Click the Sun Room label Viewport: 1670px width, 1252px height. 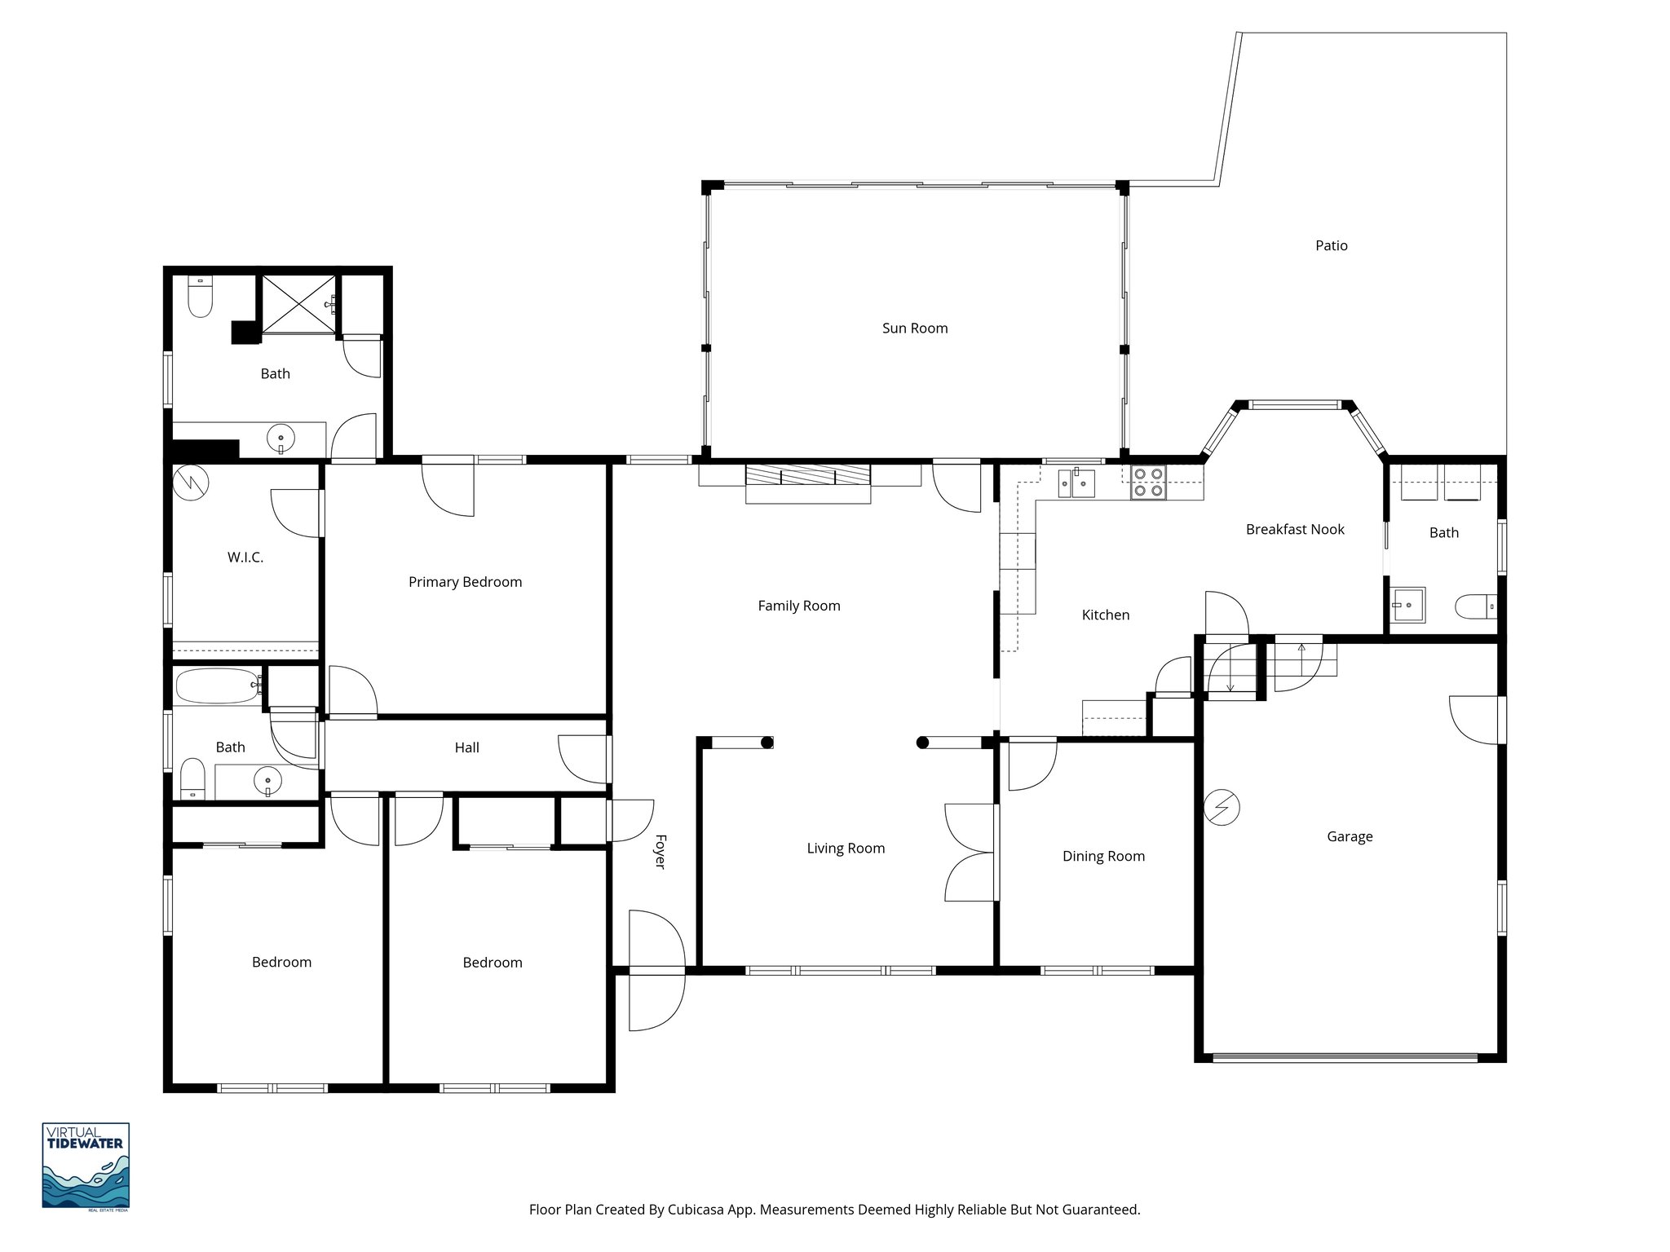point(914,328)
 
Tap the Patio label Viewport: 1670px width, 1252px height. point(1331,245)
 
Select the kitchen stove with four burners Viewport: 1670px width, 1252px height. point(1148,482)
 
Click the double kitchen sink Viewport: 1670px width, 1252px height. point(1076,483)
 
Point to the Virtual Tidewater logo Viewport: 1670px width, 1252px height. point(86,1166)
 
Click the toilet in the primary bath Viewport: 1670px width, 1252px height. point(200,297)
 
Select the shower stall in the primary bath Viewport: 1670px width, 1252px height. point(298,303)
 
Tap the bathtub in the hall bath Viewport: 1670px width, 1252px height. point(217,686)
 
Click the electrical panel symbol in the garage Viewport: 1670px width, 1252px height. point(1222,808)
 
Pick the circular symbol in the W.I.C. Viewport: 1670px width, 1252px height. point(192,482)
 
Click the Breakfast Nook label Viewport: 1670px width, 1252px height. point(1295,529)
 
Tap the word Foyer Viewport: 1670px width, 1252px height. point(660,851)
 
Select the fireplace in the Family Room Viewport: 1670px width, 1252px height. point(808,484)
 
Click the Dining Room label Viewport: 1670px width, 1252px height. point(1103,856)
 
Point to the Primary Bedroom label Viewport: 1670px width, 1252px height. point(465,582)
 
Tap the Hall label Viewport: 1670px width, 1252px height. point(466,747)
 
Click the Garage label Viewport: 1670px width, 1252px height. point(1350,836)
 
